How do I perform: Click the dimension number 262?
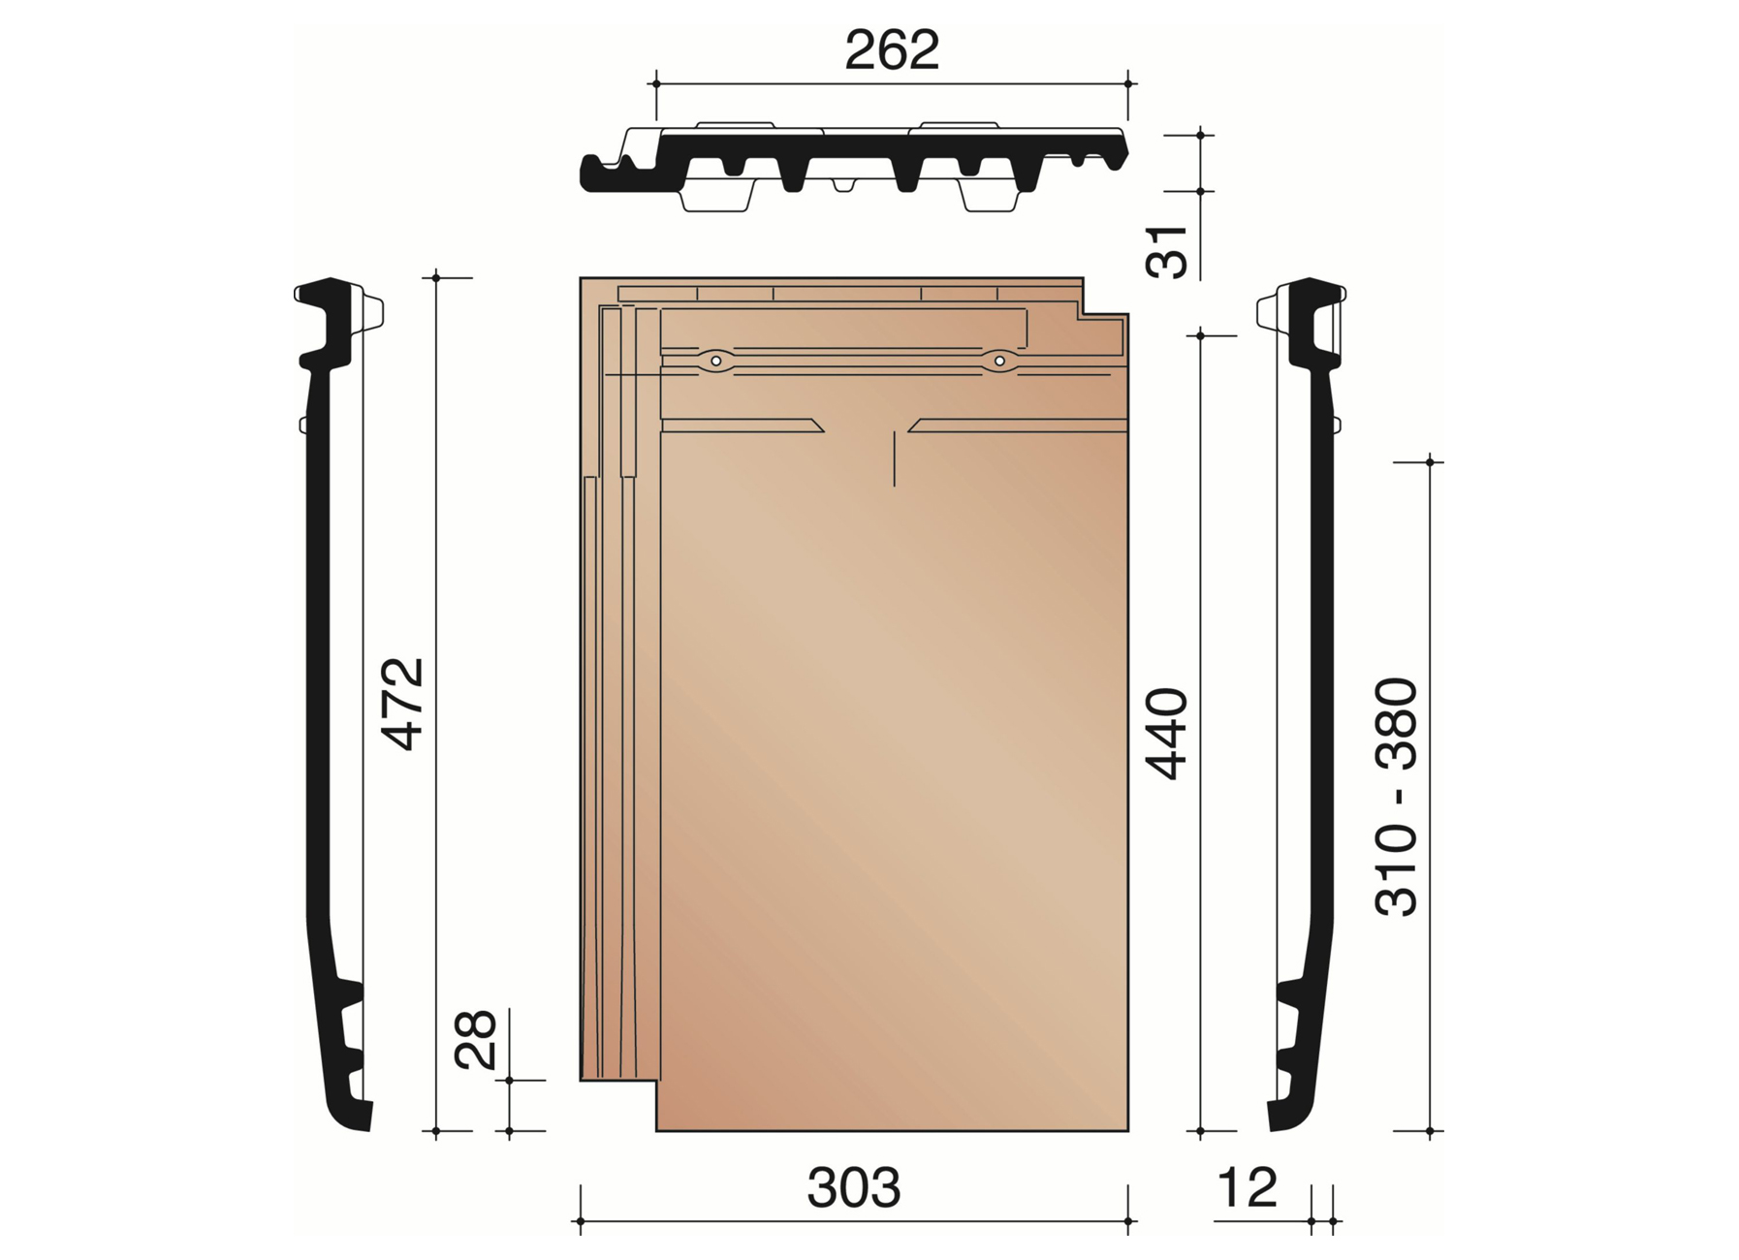[x=892, y=50]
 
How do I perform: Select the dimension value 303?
[x=853, y=1187]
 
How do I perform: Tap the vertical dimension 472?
[x=403, y=705]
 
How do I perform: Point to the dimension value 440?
[x=1166, y=734]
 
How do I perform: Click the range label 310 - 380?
[x=1397, y=797]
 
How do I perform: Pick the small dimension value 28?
[x=476, y=1040]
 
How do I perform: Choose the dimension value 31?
[x=1167, y=252]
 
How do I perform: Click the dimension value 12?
[x=1247, y=1187]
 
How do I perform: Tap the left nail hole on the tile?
[x=715, y=361]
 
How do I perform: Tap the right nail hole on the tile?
[x=998, y=361]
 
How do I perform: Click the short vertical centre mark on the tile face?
[x=894, y=459]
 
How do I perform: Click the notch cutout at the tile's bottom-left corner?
[x=617, y=1106]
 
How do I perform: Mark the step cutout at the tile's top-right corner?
[x=1106, y=296]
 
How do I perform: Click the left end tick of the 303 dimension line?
[x=581, y=1221]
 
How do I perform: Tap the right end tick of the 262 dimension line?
[x=1128, y=84]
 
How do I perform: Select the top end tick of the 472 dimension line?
[x=436, y=278]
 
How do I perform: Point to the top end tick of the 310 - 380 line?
[x=1430, y=462]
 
